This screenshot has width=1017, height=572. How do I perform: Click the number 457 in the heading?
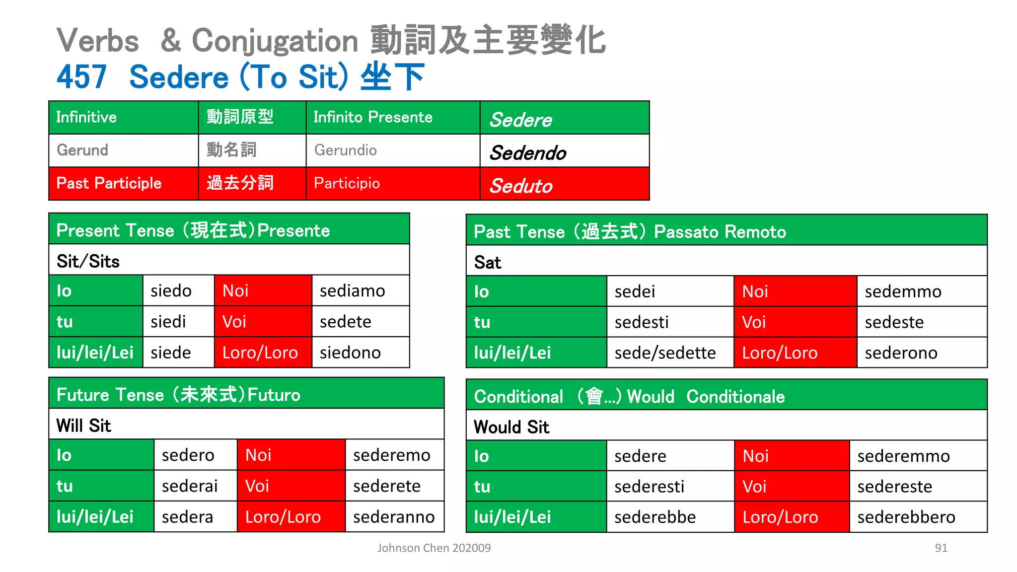pos(82,77)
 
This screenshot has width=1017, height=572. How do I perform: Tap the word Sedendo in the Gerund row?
pos(528,152)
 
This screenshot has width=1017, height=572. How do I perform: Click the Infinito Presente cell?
pos(373,117)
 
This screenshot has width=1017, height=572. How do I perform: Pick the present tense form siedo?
pos(171,291)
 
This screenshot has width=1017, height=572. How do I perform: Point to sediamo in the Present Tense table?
pos(352,291)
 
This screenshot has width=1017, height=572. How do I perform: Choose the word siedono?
pos(350,353)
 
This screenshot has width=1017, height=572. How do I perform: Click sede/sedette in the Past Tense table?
pos(665,353)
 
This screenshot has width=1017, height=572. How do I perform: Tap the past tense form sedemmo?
pos(903,291)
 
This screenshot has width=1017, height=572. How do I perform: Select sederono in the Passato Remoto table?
pos(901,353)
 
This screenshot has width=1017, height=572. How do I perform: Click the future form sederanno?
pos(394,517)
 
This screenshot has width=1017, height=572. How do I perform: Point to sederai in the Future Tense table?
pos(190,486)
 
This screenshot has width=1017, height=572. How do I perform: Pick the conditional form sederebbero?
pos(906,517)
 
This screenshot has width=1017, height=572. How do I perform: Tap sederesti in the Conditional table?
pos(649,487)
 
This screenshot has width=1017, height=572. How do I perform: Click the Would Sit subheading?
pos(511,427)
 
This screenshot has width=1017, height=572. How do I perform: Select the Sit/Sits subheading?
pos(88,261)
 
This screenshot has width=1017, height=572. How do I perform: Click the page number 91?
pos(941,548)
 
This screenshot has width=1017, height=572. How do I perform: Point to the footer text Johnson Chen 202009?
pos(434,548)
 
